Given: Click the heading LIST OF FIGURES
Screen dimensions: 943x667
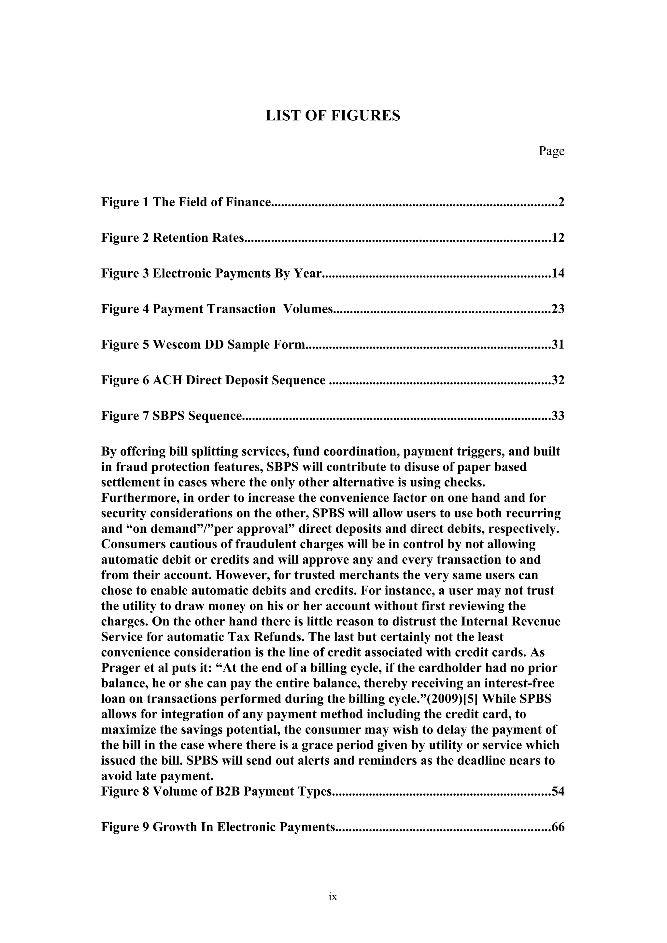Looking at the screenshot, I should [x=333, y=116].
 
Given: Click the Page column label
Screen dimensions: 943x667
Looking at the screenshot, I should [x=551, y=151].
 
